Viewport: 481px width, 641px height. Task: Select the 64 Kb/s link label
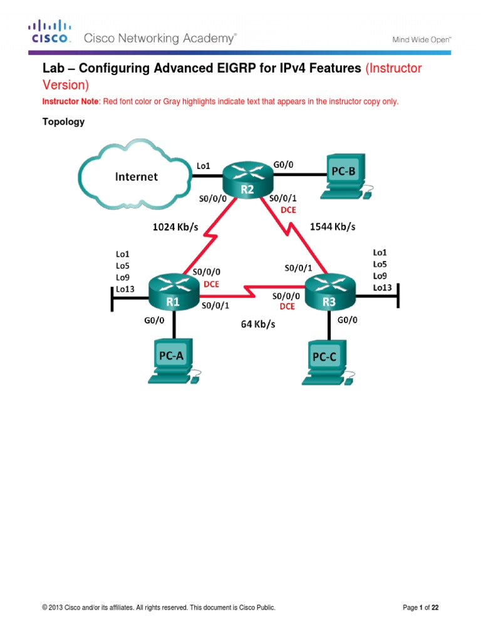[258, 324]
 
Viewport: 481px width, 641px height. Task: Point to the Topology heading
[63, 122]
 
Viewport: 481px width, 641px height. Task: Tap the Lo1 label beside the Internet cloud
[204, 166]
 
